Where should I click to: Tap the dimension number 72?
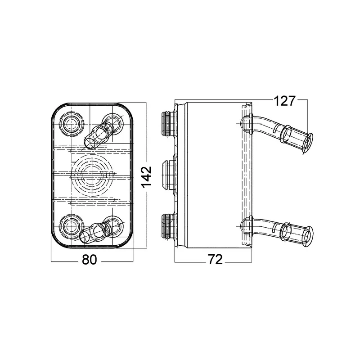click(x=215, y=260)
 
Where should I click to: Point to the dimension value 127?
click(x=284, y=101)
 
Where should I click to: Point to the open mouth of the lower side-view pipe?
click(x=308, y=235)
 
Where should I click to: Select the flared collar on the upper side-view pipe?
click(x=285, y=134)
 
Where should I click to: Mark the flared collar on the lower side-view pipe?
click(x=285, y=231)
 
